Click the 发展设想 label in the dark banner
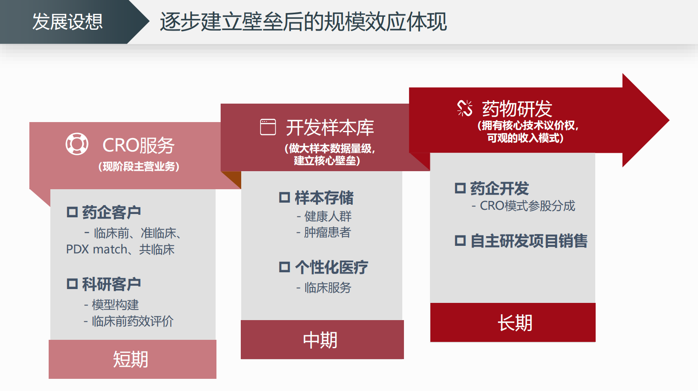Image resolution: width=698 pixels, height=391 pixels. pyautogui.click(x=67, y=22)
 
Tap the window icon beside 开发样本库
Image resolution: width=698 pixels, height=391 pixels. pyautogui.click(x=268, y=127)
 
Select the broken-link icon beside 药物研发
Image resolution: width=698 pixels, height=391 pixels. pyautogui.click(x=465, y=108)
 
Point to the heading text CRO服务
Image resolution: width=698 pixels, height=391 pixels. pyautogui.click(x=138, y=146)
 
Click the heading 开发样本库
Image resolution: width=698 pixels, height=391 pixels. pyautogui.click(x=330, y=128)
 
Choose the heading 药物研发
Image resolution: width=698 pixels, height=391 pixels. pyautogui.click(x=517, y=109)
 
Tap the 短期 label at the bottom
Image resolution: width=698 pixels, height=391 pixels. pyautogui.click(x=130, y=359)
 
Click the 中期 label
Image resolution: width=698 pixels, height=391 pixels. pyautogui.click(x=320, y=340)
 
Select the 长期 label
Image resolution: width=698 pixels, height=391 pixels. pyautogui.click(x=515, y=323)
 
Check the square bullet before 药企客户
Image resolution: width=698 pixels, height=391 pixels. pyautogui.click(x=72, y=212)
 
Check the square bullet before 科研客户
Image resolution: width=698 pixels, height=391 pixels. pyautogui.click(x=72, y=284)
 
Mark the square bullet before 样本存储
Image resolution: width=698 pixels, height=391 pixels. pyautogui.click(x=284, y=197)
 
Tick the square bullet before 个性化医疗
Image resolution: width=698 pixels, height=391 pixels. pyautogui.click(x=284, y=267)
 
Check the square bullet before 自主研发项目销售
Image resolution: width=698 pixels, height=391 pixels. pyautogui.click(x=460, y=241)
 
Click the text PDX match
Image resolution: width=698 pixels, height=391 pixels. pyautogui.click(x=97, y=250)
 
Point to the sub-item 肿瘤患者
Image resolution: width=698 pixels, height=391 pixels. pyautogui.click(x=328, y=232)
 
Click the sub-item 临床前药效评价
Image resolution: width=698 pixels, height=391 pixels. pyautogui.click(x=133, y=321)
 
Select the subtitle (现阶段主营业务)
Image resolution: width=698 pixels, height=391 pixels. pyautogui.click(x=139, y=167)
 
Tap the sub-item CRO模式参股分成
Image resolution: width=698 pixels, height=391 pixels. pyautogui.click(x=527, y=206)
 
